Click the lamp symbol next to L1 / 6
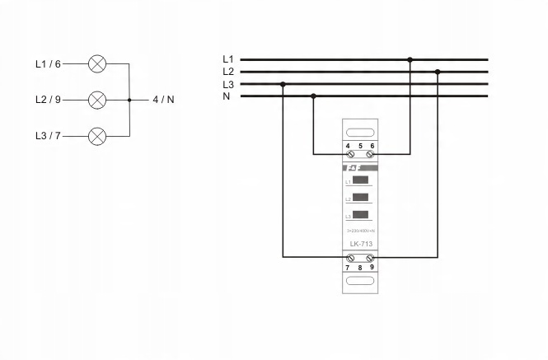(97, 63)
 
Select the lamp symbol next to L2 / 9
(97, 100)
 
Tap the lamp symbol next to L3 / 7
(97, 136)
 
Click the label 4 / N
(163, 100)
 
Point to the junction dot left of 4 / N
(130, 100)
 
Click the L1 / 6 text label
(48, 63)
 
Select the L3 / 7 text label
(48, 136)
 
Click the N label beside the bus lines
(227, 96)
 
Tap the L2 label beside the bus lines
(228, 72)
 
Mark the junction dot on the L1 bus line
(410, 59)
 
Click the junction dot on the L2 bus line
(438, 72)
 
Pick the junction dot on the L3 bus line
(283, 84)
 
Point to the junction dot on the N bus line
(313, 96)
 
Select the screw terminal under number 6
(370, 154)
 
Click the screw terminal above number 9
(370, 258)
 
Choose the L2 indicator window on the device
(360, 198)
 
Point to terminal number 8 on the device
(359, 269)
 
